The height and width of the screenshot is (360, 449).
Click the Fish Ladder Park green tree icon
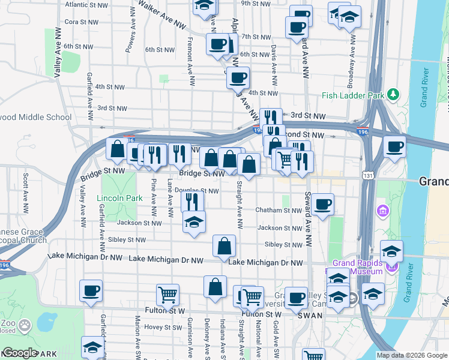coord(393,94)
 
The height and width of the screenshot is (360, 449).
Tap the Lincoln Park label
coord(119,197)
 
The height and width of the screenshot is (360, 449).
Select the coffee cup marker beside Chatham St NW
coord(323,205)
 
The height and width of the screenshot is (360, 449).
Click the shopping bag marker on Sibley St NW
coord(224,245)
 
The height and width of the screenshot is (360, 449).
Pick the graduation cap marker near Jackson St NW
coord(194,222)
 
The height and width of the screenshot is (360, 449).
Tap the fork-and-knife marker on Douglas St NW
coord(192,202)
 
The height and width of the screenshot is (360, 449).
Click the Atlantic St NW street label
coord(85,4)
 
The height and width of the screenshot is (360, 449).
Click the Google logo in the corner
coord(20,353)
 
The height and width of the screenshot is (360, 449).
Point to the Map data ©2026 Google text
coord(411,355)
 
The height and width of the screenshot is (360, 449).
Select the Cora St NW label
coord(81,22)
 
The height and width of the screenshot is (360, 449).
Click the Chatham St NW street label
coord(279,211)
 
